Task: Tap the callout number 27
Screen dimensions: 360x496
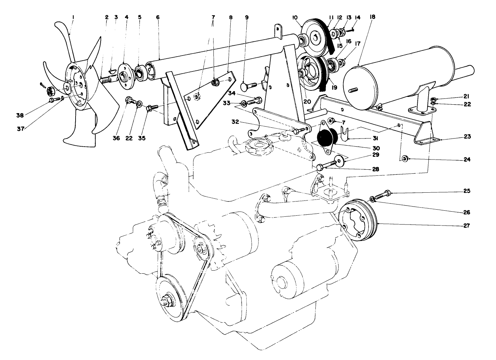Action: (467, 225)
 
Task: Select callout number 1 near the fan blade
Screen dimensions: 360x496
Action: (73, 17)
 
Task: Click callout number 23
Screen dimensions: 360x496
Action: (467, 137)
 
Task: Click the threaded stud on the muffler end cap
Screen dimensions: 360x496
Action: (354, 90)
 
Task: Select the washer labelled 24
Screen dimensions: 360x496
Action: (405, 158)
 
